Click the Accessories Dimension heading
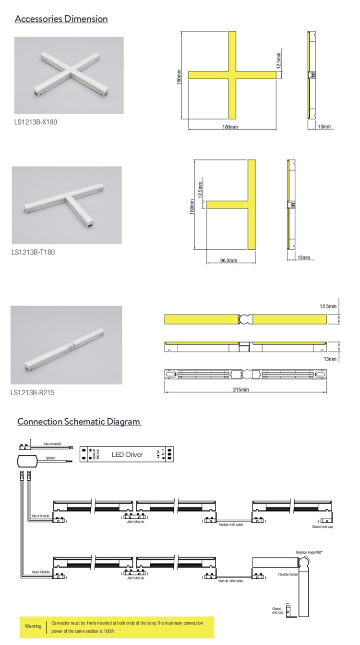click(61, 19)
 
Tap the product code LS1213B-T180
click(33, 252)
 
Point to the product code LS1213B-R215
click(33, 392)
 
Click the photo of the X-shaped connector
click(69, 75)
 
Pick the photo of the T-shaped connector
click(67, 205)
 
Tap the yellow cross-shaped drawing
click(232, 75)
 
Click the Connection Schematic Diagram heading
click(79, 422)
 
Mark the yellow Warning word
click(33, 626)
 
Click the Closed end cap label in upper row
click(322, 526)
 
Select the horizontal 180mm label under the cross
click(230, 127)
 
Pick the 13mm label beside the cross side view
click(324, 127)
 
